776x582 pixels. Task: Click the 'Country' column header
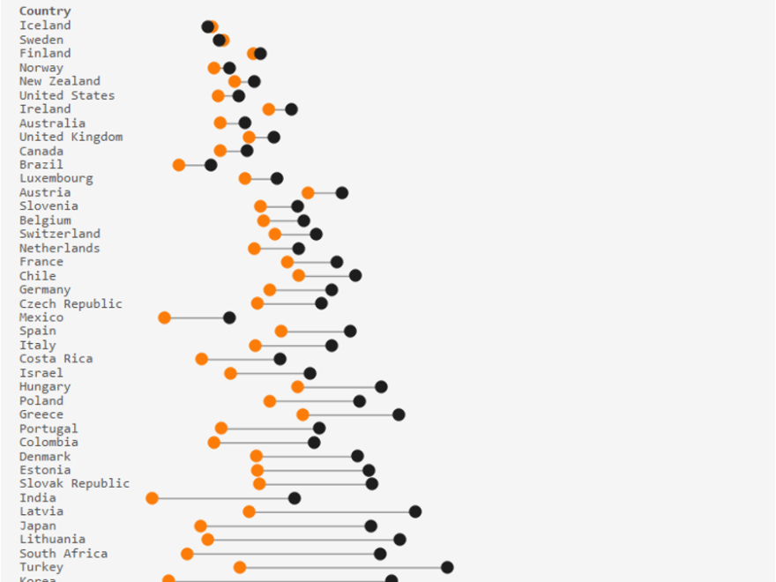[x=45, y=11]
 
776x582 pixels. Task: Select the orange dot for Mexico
[x=164, y=317]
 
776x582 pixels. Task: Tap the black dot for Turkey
[x=447, y=567]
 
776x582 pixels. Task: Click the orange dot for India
[x=152, y=498]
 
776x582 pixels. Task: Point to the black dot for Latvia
[x=415, y=511]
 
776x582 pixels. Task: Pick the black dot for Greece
[x=399, y=414]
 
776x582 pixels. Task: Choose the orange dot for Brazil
[x=179, y=165]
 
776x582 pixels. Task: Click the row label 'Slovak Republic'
[x=74, y=484]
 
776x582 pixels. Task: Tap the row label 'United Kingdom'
[x=71, y=137]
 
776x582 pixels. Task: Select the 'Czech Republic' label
[x=71, y=304]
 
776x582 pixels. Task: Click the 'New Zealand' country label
[x=60, y=81]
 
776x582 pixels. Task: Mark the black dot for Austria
[x=342, y=192]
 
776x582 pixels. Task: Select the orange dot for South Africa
[x=187, y=554]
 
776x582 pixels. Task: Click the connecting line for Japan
[x=286, y=526]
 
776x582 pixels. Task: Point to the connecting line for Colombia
[x=265, y=443]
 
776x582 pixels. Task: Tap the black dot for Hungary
[x=381, y=386]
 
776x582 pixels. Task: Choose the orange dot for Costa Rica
[x=202, y=359]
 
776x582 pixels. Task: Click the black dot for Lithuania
[x=399, y=540]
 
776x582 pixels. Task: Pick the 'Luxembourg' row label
[x=56, y=179]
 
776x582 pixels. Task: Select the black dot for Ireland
[x=291, y=109]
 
